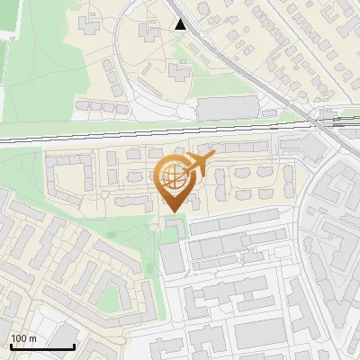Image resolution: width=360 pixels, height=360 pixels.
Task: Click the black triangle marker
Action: (182, 24)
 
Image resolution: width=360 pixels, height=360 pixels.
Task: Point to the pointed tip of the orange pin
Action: (171, 211)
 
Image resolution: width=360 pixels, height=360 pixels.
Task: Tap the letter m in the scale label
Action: (32, 338)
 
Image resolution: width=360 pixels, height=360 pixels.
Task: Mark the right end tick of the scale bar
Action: (76, 346)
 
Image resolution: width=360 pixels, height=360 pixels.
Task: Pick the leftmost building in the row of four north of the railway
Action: (80, 105)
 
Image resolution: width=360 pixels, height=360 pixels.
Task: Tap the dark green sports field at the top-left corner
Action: (7, 18)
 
